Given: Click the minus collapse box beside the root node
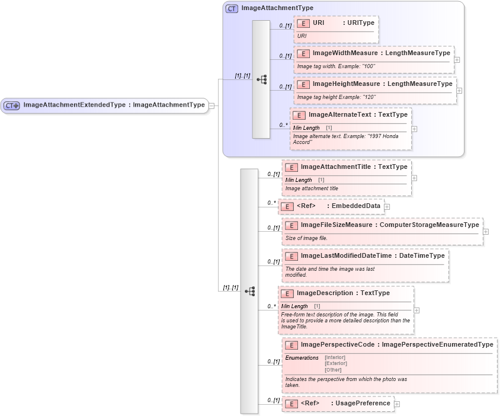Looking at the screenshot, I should [212, 105].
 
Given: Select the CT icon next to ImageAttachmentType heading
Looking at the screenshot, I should [232, 9].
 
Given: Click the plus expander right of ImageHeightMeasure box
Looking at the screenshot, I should [459, 91].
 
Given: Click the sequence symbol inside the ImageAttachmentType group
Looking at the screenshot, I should [261, 79].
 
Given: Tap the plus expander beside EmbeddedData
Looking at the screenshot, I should [387, 207].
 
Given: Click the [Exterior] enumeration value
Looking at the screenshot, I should [335, 363].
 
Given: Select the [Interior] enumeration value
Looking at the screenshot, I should [335, 357].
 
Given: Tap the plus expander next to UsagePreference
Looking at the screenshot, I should [397, 404].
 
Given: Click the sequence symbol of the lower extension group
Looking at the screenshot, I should [249, 291].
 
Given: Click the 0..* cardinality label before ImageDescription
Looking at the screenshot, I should [272, 306].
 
